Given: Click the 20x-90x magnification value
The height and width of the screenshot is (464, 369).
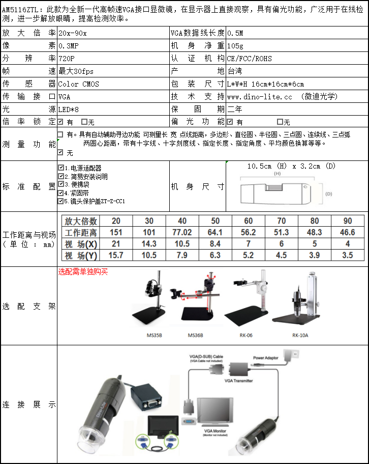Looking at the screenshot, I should click(73, 33).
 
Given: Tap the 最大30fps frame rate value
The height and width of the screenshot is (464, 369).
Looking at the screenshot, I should click(76, 71).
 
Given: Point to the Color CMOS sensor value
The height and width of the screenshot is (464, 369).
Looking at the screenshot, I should click(79, 84).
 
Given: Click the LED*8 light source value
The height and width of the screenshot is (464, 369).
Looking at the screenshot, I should click(69, 109).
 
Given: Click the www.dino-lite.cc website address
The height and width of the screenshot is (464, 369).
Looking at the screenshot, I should click(260, 96).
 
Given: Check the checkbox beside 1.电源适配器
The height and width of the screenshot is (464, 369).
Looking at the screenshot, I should click(61, 167).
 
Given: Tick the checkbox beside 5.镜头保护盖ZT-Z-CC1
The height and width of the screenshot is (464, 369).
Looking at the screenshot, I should click(61, 201).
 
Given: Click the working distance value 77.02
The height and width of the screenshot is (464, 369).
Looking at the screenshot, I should click(182, 233).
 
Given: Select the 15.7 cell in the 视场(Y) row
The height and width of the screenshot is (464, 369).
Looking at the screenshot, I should click(116, 256).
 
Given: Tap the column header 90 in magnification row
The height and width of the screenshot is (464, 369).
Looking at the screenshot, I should click(348, 221).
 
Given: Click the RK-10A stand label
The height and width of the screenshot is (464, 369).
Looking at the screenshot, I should click(300, 336).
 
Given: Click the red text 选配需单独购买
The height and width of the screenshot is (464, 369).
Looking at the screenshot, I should click(83, 272).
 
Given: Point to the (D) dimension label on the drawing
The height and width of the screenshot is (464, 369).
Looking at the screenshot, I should click(328, 194).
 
